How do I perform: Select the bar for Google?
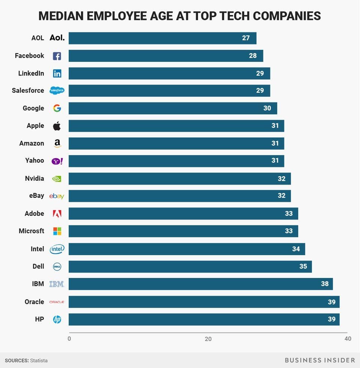pyautogui.click(x=172, y=108)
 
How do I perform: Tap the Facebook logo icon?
pyautogui.click(x=57, y=56)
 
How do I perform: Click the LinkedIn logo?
pyautogui.click(x=57, y=74)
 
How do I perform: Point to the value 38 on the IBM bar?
pyautogui.click(x=325, y=284)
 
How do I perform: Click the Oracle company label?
pyautogui.click(x=34, y=302)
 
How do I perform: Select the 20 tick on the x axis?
pyautogui.click(x=208, y=339)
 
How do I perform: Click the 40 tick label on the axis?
pyautogui.click(x=348, y=339)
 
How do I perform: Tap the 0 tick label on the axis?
pyautogui.click(x=69, y=339)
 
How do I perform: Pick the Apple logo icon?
pyautogui.click(x=57, y=126)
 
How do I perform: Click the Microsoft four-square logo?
pyautogui.click(x=57, y=231)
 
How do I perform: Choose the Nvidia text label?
pyautogui.click(x=34, y=178)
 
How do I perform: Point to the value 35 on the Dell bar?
pyautogui.click(x=303, y=266)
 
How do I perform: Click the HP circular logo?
pyautogui.click(x=57, y=319)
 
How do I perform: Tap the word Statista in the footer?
pyautogui.click(x=39, y=360)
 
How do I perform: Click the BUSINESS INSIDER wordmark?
pyautogui.click(x=319, y=360)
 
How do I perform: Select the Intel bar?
pyautogui.click(x=186, y=249)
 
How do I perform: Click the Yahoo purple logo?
pyautogui.click(x=57, y=161)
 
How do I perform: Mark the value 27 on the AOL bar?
pyautogui.click(x=246, y=38)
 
